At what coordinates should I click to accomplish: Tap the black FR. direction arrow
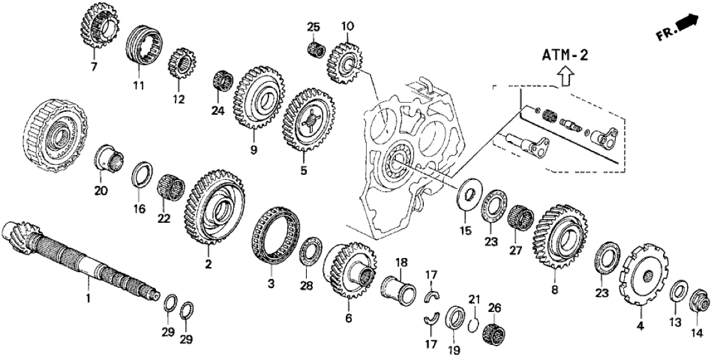pyautogui.click(x=687, y=24)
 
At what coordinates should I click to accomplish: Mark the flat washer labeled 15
pyautogui.click(x=465, y=194)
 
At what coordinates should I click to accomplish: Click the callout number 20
pyautogui.click(x=101, y=191)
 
